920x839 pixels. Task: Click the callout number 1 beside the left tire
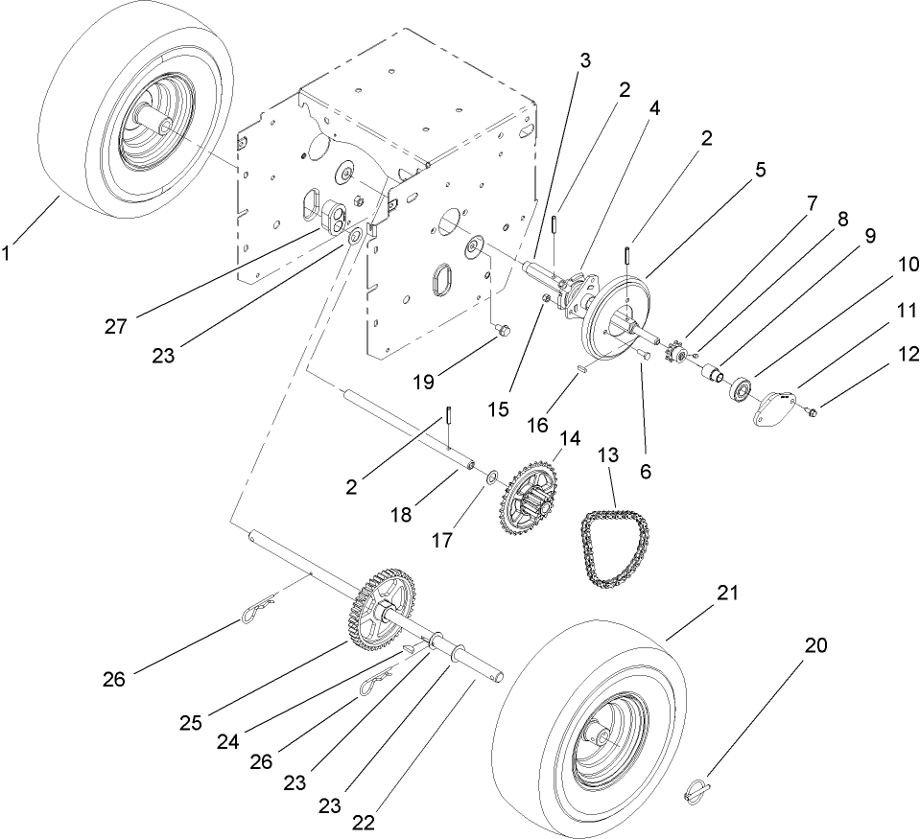pyautogui.click(x=10, y=254)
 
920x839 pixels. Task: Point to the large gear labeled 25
pyautogui.click(x=379, y=614)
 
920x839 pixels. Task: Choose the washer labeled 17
pyautogui.click(x=490, y=477)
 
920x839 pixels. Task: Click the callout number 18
pyautogui.click(x=401, y=515)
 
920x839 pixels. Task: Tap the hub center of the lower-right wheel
pyautogui.click(x=602, y=736)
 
